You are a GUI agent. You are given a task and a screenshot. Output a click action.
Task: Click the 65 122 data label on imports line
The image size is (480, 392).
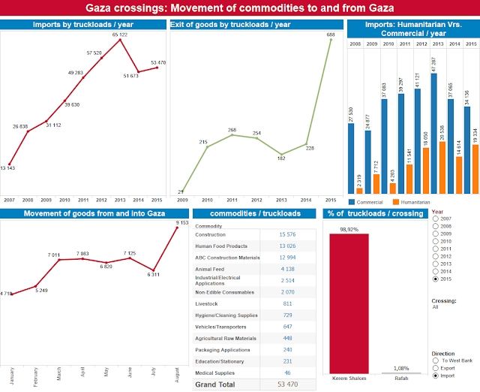120,35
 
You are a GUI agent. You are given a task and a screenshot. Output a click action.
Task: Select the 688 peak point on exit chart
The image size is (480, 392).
330,40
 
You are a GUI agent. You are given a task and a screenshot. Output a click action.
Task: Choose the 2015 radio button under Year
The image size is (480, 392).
436,279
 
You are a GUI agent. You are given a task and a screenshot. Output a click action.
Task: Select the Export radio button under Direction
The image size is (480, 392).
436,369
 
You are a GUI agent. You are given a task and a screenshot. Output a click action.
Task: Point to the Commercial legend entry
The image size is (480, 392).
368,202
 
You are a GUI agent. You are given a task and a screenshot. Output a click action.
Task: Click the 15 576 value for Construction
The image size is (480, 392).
287,235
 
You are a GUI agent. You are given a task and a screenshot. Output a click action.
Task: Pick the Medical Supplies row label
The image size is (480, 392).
216,372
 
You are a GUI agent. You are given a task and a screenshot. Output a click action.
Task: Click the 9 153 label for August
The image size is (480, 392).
178,222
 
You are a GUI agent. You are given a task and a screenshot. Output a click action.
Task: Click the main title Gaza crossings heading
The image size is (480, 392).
240,9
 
